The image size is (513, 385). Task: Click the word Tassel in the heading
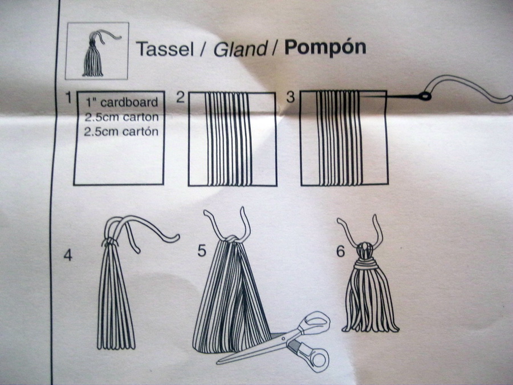[165, 48]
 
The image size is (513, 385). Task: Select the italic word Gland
[241, 49]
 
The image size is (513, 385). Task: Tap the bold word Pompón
[325, 48]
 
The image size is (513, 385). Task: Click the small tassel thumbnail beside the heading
[97, 51]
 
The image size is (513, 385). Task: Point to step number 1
[68, 97]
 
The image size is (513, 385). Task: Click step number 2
[181, 97]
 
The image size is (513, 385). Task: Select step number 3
[291, 97]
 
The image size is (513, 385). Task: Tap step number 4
[67, 255]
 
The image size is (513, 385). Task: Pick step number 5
[202, 250]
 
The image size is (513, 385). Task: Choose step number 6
[341, 252]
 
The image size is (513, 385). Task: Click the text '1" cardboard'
[122, 102]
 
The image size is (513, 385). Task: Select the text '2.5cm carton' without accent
[121, 117]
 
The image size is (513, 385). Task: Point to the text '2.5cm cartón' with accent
[121, 131]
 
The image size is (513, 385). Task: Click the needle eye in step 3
[424, 96]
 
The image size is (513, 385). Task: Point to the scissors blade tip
[217, 362]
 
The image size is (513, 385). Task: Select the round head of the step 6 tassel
[365, 250]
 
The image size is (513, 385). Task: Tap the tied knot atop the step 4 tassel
[110, 243]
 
